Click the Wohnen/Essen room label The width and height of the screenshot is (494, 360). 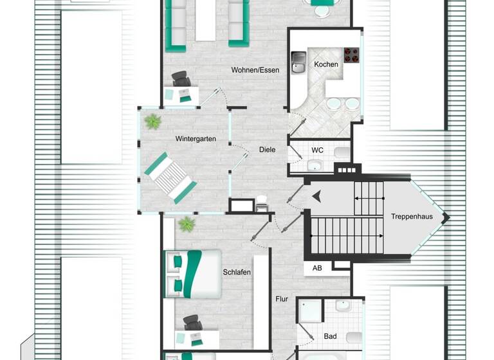[255, 69]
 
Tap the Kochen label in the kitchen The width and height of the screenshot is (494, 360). [325, 64]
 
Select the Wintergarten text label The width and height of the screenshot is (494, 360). [195, 138]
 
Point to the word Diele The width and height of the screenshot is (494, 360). [267, 150]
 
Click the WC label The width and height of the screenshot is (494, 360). [317, 150]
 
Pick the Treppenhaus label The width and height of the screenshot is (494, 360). [411, 217]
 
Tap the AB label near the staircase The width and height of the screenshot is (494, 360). [317, 268]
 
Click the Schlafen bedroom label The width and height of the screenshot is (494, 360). [236, 272]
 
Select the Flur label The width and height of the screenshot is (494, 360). [282, 299]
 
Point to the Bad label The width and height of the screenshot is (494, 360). [331, 336]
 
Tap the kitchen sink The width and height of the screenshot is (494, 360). [298, 62]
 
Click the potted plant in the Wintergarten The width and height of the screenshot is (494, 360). [153, 121]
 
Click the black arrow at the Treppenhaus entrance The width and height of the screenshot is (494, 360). [316, 197]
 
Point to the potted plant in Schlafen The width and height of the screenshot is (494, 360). [187, 224]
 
